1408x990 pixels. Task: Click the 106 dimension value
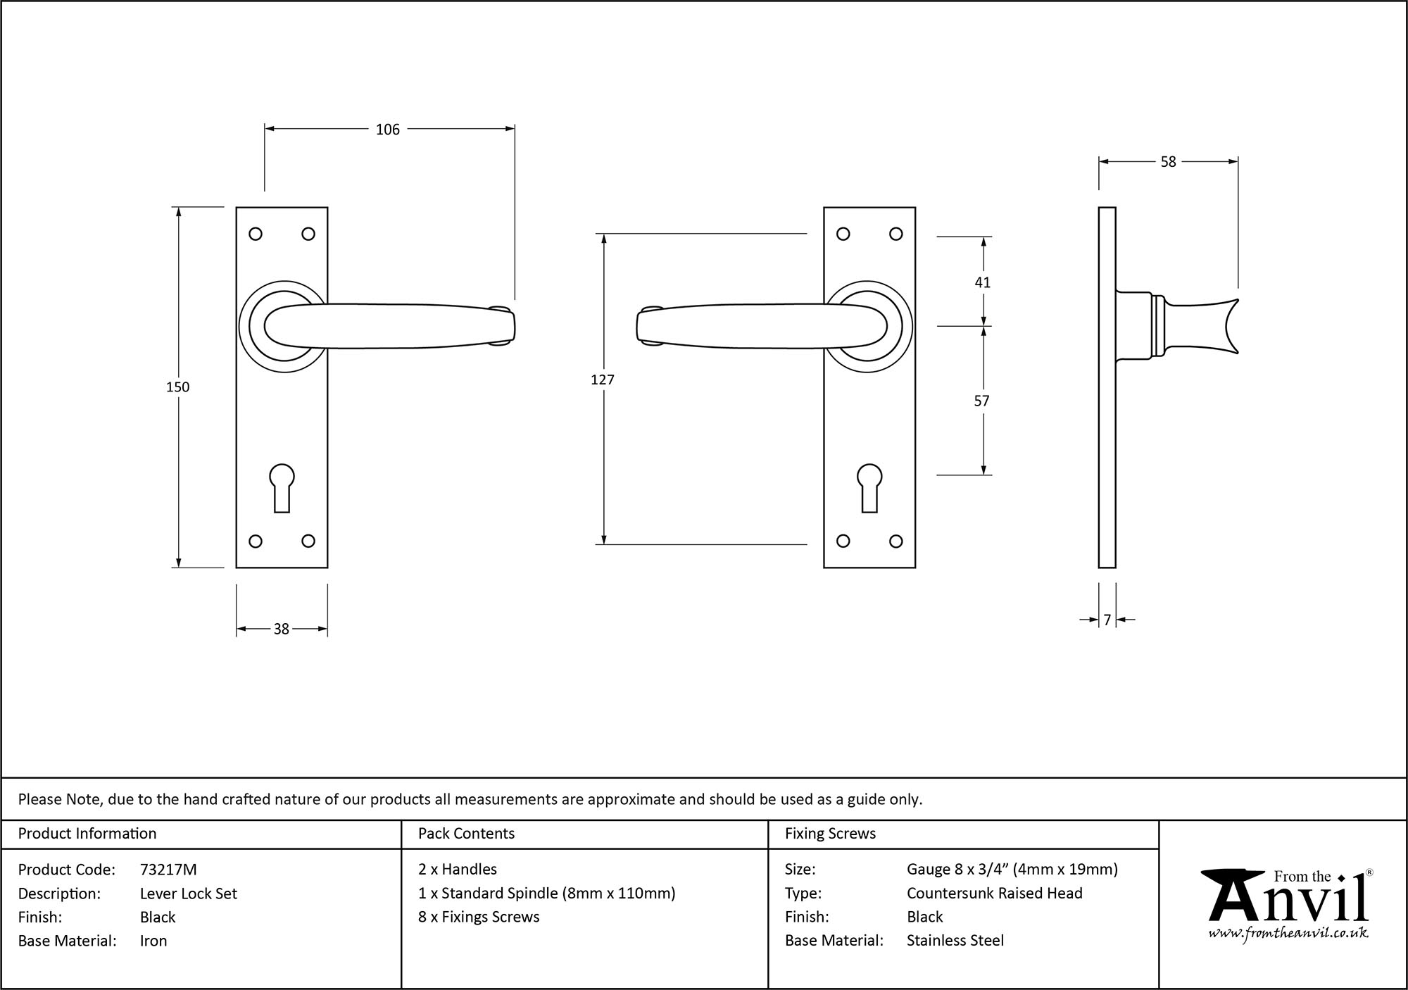click(387, 130)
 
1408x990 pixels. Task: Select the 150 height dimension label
click(178, 387)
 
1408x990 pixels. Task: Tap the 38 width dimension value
click(281, 629)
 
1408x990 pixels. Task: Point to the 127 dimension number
click(603, 380)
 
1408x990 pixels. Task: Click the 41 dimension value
click(983, 282)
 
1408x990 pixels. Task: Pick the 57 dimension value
click(981, 401)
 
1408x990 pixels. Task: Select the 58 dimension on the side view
click(1168, 162)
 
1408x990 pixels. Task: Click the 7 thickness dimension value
click(1107, 620)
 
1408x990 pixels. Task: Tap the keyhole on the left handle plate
click(282, 487)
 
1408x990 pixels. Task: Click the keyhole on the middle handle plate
click(870, 487)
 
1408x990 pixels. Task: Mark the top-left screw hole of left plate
click(256, 234)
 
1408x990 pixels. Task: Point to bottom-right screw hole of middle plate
click(895, 541)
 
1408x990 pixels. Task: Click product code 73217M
click(168, 870)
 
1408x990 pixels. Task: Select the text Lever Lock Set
click(189, 894)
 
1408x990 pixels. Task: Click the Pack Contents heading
click(466, 834)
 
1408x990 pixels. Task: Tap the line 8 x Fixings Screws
click(479, 917)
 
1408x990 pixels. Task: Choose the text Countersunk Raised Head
click(994, 893)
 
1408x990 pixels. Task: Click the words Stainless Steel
click(955, 940)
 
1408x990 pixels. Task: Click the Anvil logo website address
click(1288, 934)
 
